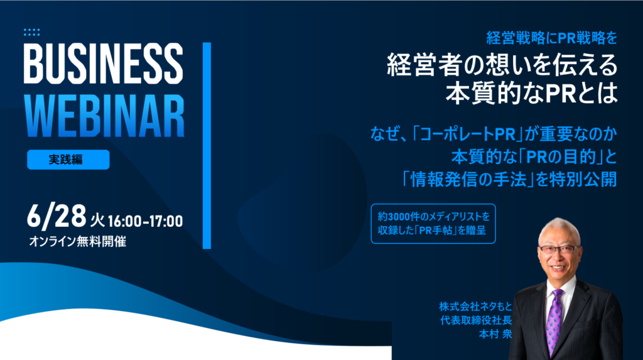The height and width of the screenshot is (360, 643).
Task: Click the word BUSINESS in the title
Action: tap(104, 63)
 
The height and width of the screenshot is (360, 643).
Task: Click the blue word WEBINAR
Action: tap(105, 117)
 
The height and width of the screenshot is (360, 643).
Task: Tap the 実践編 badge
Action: tap(68, 160)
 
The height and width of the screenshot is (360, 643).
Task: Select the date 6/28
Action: tap(57, 216)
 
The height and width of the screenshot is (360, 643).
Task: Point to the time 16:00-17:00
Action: tap(145, 221)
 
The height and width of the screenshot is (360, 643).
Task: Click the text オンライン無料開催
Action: tap(77, 241)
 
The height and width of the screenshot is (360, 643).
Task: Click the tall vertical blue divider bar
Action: tap(207, 145)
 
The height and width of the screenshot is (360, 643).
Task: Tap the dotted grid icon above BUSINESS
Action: tap(31, 33)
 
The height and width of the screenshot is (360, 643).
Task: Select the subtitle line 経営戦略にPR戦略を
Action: tap(551, 38)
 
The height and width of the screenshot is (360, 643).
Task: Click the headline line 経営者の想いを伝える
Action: tap(502, 65)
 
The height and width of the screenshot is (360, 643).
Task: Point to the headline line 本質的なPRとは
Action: tap(531, 93)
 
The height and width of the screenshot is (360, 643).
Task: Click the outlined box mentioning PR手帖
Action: tap(433, 224)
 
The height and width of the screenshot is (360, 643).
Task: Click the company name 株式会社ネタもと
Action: tap(475, 306)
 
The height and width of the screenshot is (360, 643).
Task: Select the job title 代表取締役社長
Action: tap(476, 320)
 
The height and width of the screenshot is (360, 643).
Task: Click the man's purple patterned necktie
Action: tap(554, 320)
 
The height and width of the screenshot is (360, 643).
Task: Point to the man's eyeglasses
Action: tap(559, 249)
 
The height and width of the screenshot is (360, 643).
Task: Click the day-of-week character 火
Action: tap(97, 221)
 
